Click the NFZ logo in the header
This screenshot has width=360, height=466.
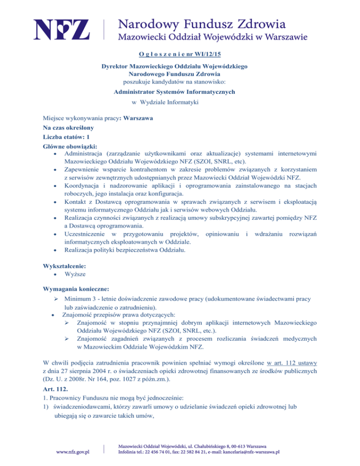[61, 29]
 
